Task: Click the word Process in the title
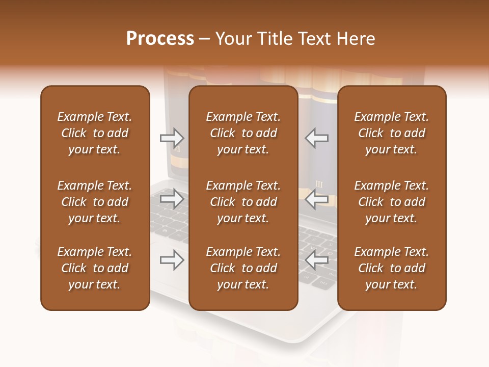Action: pos(160,39)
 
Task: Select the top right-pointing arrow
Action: pos(172,138)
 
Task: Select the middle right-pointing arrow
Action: pos(172,198)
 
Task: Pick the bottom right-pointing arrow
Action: pos(172,260)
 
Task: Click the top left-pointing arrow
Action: pos(317,138)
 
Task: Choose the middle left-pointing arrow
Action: pos(317,198)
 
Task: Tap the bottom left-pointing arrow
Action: pos(317,260)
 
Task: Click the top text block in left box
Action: pos(95,133)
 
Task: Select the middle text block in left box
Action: pos(95,202)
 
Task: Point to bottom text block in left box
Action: pos(95,268)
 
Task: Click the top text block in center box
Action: pos(243,133)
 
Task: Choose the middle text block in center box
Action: pos(243,202)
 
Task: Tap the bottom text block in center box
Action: pos(243,268)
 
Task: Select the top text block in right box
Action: pos(391,133)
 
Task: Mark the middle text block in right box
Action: pos(391,202)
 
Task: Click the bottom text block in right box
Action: pos(391,268)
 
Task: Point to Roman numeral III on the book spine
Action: pos(319,184)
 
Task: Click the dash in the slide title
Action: pos(204,39)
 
